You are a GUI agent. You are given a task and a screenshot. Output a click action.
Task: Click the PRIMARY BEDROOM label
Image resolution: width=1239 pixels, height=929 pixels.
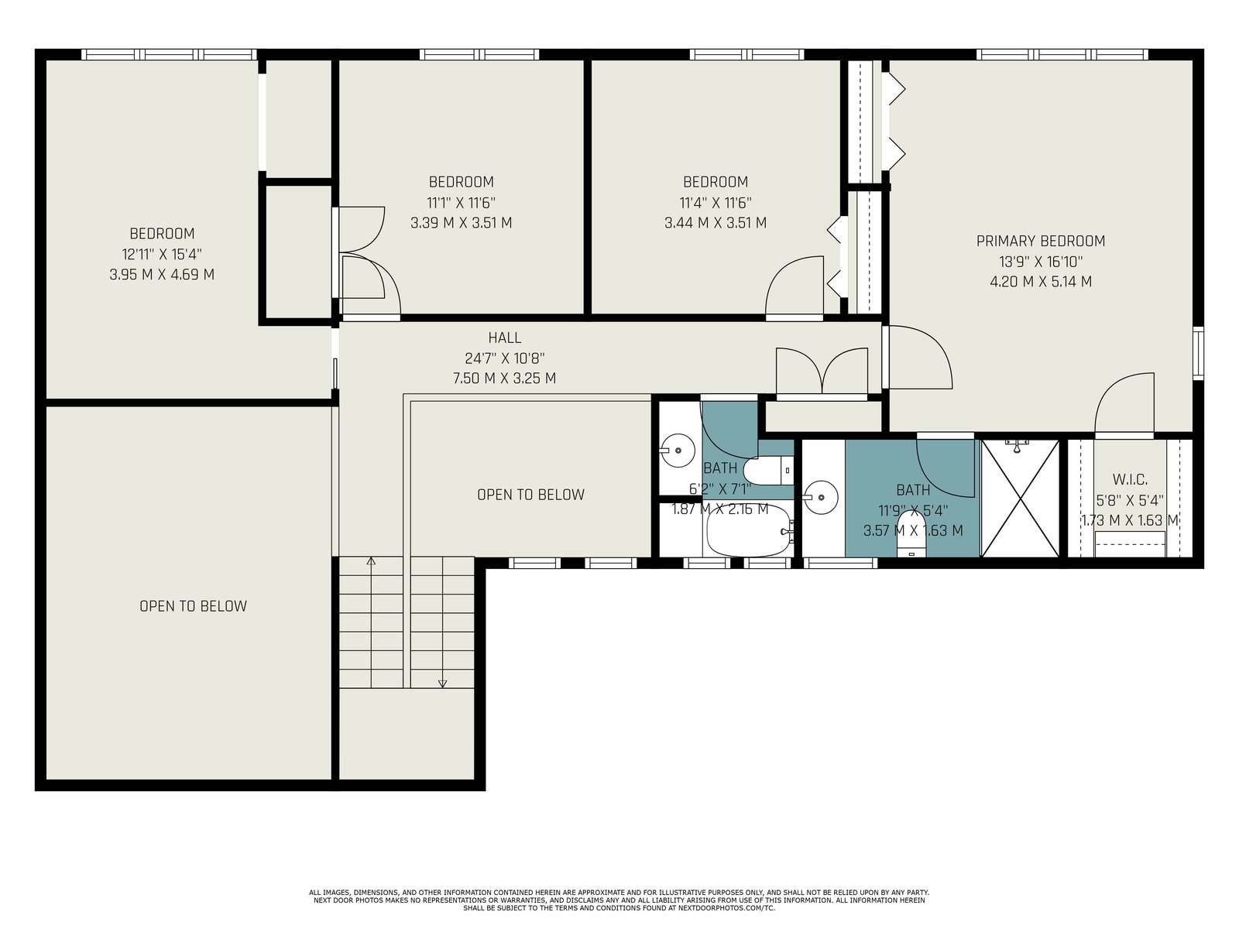tap(1040, 241)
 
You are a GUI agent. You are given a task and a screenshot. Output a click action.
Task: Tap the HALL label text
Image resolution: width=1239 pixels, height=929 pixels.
tap(505, 338)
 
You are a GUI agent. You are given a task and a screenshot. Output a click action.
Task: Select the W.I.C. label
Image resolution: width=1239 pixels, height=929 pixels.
tap(1130, 480)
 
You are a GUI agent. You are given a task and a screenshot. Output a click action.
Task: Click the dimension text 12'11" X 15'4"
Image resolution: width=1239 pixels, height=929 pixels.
tap(162, 254)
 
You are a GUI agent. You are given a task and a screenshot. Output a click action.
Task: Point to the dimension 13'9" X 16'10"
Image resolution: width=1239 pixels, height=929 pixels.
tap(1041, 261)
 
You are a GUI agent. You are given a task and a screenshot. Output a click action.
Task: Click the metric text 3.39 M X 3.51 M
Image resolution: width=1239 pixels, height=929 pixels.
tap(462, 223)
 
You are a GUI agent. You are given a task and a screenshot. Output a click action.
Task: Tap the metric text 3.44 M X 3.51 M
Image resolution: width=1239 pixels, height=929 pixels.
tap(716, 223)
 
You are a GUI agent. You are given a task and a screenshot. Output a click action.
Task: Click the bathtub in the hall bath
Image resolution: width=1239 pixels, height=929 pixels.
tap(747, 531)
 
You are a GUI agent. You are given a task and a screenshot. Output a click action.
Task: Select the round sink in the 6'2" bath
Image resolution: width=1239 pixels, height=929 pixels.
tap(678, 451)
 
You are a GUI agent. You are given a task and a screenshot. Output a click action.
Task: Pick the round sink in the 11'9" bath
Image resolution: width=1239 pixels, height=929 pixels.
tap(821, 498)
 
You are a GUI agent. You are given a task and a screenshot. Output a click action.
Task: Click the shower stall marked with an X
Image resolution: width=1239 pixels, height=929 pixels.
tap(1021, 498)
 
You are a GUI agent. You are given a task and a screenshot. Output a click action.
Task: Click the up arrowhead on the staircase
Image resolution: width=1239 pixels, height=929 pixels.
tap(371, 560)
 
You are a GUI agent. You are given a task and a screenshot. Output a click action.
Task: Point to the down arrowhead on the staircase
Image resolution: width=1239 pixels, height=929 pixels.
tap(442, 684)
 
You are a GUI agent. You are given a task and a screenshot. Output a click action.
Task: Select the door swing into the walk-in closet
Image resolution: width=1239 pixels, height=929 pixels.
tap(1124, 404)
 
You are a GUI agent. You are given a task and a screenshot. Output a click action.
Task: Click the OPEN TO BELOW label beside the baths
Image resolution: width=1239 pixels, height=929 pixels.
tap(530, 495)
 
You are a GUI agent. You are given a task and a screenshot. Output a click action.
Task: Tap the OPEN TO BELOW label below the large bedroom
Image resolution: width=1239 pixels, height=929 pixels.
tap(193, 606)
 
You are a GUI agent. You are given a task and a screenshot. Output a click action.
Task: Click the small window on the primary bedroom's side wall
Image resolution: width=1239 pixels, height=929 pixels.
tap(1198, 353)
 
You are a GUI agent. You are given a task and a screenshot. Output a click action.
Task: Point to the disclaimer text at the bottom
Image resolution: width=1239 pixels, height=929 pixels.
tap(619, 900)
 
